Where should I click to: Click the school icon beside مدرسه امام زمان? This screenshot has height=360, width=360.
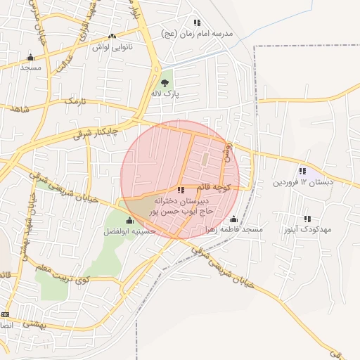[x=196, y=22]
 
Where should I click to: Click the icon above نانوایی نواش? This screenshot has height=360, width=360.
[x=112, y=36]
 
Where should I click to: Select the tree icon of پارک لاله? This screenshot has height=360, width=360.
[x=165, y=82]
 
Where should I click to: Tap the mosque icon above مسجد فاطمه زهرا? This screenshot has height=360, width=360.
[x=233, y=219]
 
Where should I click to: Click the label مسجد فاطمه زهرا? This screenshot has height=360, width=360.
[x=233, y=230]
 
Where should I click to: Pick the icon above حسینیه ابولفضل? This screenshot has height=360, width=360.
[x=129, y=220]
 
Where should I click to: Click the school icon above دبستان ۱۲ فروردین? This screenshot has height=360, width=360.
[x=302, y=171]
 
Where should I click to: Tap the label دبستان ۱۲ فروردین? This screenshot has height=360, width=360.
[x=302, y=182]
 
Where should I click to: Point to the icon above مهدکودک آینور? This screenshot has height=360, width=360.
[x=307, y=219]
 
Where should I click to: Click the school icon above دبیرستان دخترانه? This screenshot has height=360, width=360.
[x=181, y=190]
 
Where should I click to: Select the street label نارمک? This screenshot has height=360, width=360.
[x=73, y=103]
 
